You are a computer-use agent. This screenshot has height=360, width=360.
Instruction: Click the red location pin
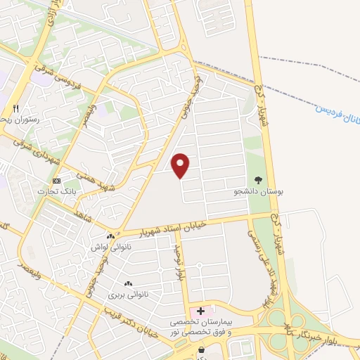coord(181,165)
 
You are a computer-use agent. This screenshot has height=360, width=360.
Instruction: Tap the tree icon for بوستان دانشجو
coord(257,180)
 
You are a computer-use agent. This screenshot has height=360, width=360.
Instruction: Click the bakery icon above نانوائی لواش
coord(110,237)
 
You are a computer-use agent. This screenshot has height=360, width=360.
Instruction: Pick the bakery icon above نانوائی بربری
coord(129,283)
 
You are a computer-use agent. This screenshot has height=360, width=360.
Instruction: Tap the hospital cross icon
coord(201,310)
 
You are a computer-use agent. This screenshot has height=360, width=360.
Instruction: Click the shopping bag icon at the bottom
coord(202,349)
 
